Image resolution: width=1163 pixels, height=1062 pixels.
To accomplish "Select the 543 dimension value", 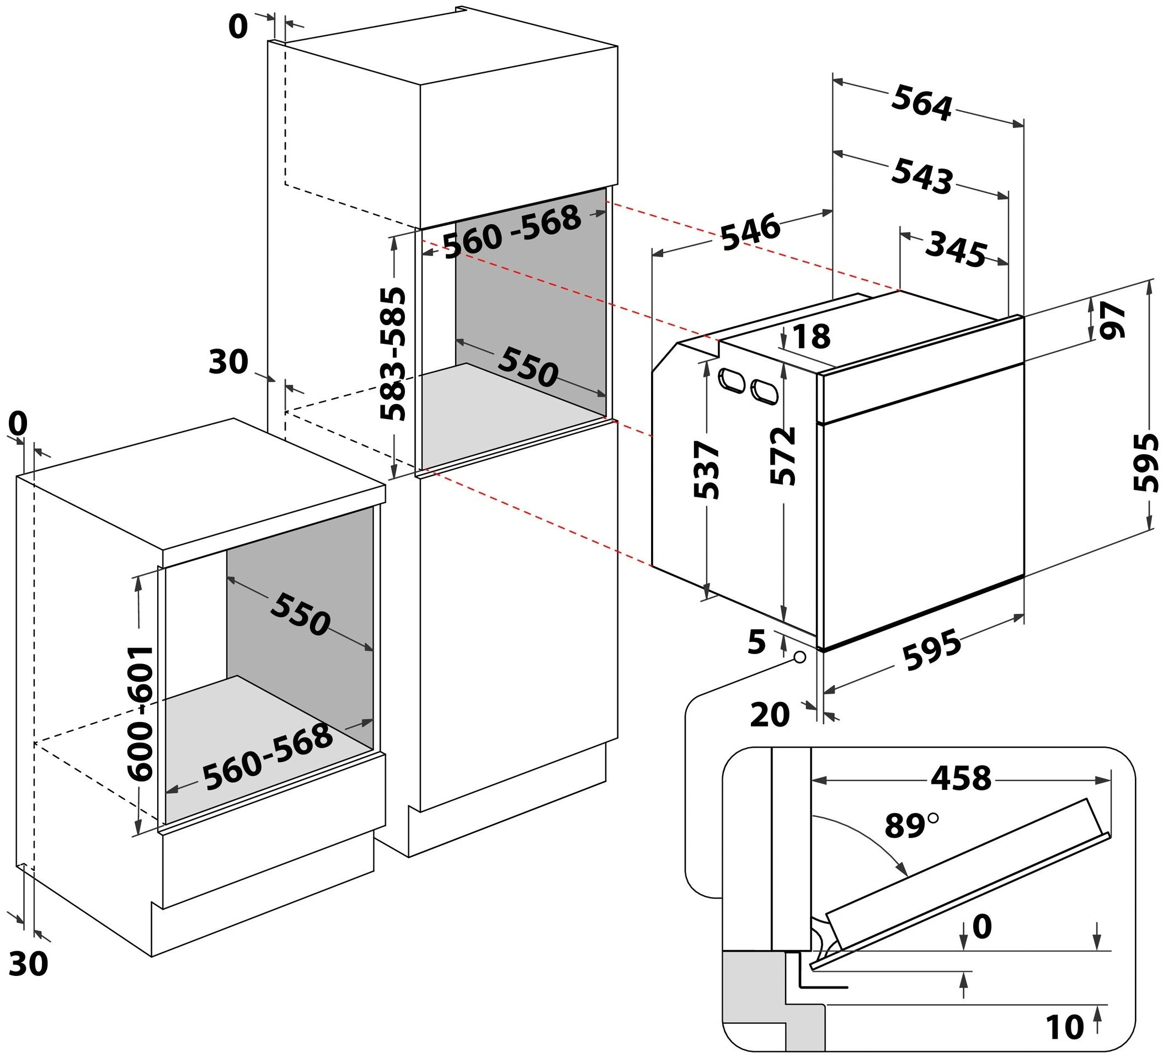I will pos(921,176).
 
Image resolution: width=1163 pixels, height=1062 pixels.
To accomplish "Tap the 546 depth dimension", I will pos(749,232).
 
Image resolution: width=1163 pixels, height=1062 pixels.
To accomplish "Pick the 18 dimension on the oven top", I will pos(811,337).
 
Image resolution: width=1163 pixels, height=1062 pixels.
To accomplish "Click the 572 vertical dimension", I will pos(783,456).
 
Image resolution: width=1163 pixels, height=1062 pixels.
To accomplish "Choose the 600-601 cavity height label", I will pos(140,713).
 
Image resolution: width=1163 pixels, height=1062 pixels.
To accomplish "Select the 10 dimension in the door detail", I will pos(1064,1027).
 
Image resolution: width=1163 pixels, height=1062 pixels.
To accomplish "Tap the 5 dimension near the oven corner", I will pos(756,642).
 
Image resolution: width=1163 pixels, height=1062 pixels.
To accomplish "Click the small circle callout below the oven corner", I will pos(799,657).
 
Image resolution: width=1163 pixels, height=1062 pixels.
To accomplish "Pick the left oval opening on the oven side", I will pos(730,381).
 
